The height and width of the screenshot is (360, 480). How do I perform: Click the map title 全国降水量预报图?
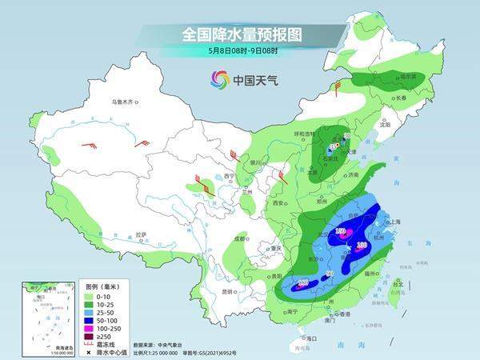(x=239, y=34)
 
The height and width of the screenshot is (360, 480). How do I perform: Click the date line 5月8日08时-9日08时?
(x=239, y=51)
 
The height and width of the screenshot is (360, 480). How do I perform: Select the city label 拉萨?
(x=142, y=234)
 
